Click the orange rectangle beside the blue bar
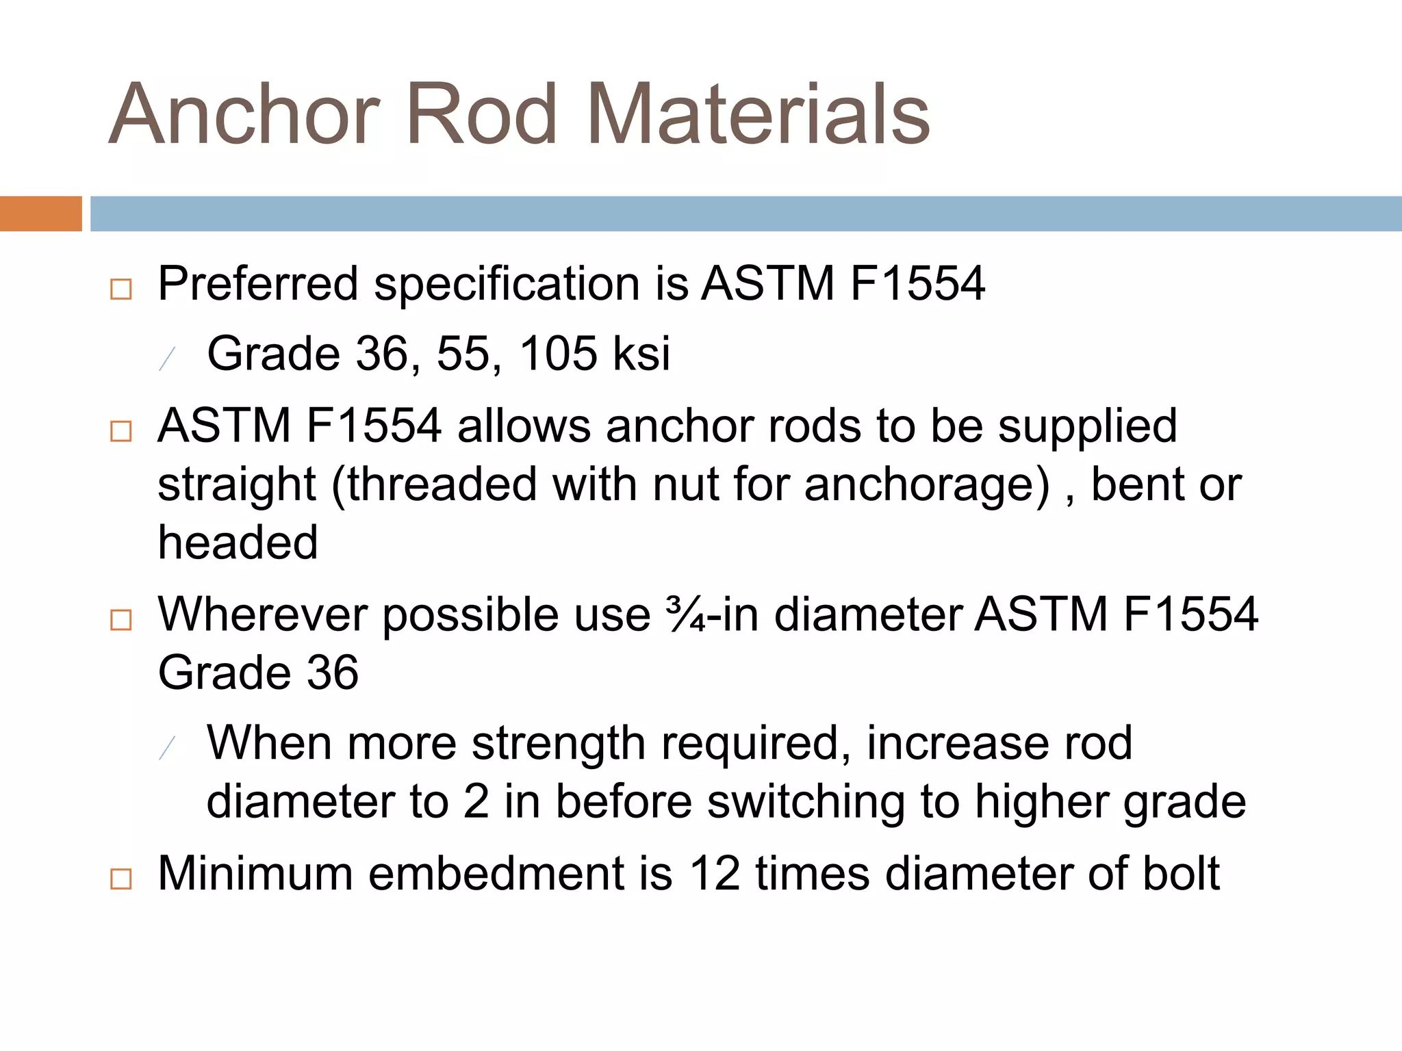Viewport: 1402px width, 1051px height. click(x=40, y=213)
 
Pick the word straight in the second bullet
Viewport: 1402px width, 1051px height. click(x=237, y=485)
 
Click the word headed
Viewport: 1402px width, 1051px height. click(x=238, y=543)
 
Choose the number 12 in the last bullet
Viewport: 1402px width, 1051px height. click(x=715, y=874)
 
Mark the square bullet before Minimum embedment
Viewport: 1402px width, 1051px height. click(x=121, y=879)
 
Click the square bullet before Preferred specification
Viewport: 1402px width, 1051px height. click(x=121, y=289)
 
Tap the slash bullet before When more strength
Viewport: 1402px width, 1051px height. click(x=167, y=749)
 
